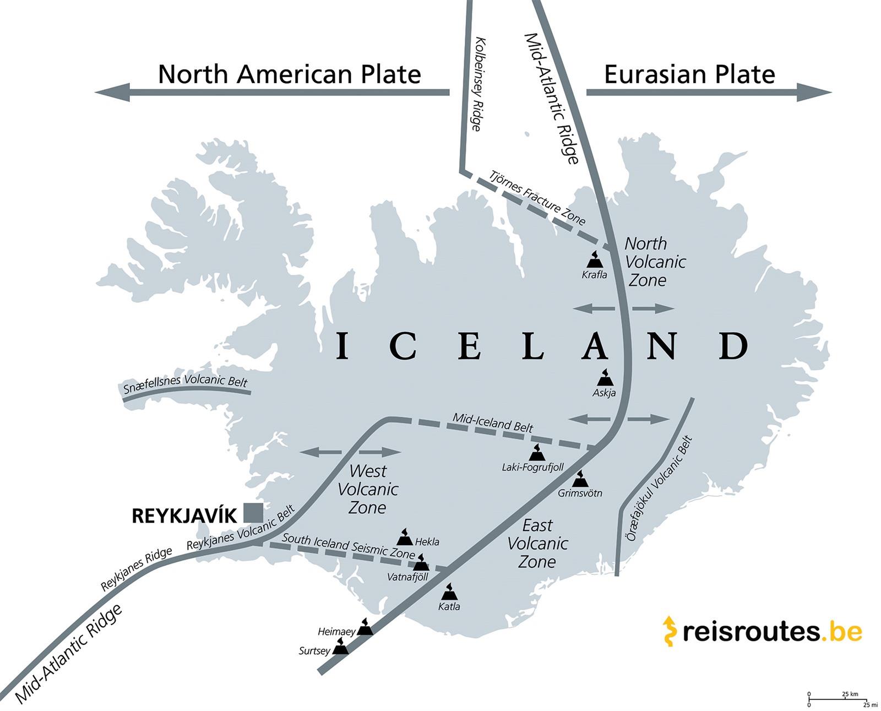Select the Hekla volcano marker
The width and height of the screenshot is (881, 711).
(405, 537)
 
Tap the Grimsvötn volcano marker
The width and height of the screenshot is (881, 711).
(580, 479)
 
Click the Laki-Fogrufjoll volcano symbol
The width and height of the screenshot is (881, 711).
(536, 453)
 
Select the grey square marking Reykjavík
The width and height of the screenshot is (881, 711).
(253, 513)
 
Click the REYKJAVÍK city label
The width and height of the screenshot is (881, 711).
(184, 516)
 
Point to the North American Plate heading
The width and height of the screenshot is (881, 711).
(289, 74)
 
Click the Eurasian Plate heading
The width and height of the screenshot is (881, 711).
(689, 74)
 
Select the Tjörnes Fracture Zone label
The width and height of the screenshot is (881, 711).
(537, 198)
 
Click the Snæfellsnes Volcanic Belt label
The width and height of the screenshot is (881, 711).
(185, 383)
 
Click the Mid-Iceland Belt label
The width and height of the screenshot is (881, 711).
(493, 422)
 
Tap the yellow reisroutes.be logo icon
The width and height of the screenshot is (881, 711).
(668, 631)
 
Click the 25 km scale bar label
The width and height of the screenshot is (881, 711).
(850, 694)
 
